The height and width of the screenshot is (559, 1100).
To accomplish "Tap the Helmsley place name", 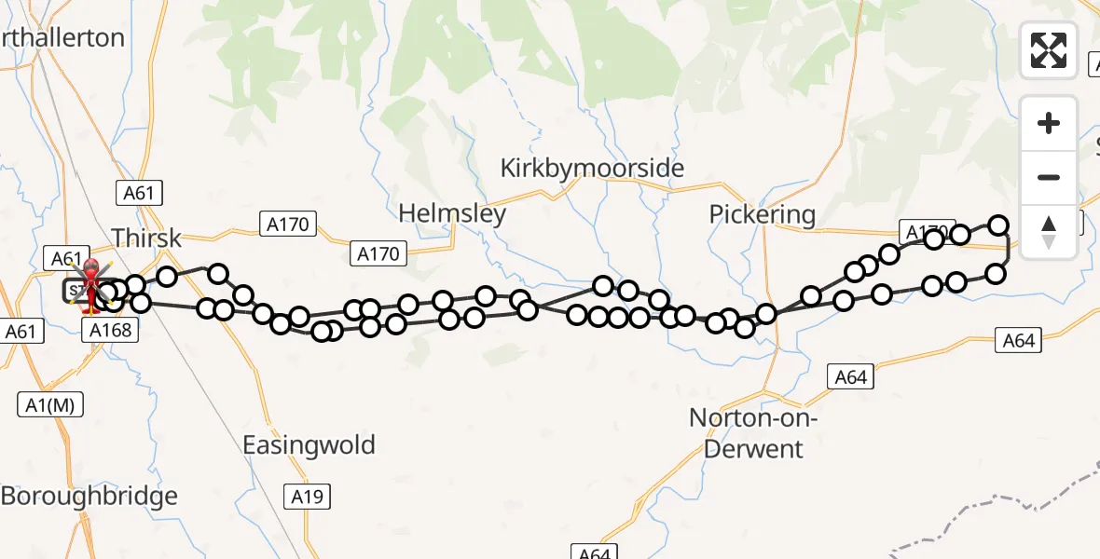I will [452, 213].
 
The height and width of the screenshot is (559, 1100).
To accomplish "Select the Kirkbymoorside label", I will [592, 169].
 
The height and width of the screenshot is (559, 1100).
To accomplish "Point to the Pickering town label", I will [762, 214].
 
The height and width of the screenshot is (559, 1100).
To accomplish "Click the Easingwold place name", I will [309, 444].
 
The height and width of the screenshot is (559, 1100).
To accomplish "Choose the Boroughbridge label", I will [89, 496].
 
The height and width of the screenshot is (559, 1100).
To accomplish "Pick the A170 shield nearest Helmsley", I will [378, 253].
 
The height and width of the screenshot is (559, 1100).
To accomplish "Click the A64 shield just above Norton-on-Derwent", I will [851, 376].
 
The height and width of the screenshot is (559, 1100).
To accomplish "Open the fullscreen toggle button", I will [1049, 50].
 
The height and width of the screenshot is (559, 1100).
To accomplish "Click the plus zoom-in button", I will [1049, 123].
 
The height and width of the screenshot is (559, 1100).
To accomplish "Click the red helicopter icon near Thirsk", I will [92, 283].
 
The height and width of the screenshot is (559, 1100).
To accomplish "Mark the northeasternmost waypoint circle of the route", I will [998, 225].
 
